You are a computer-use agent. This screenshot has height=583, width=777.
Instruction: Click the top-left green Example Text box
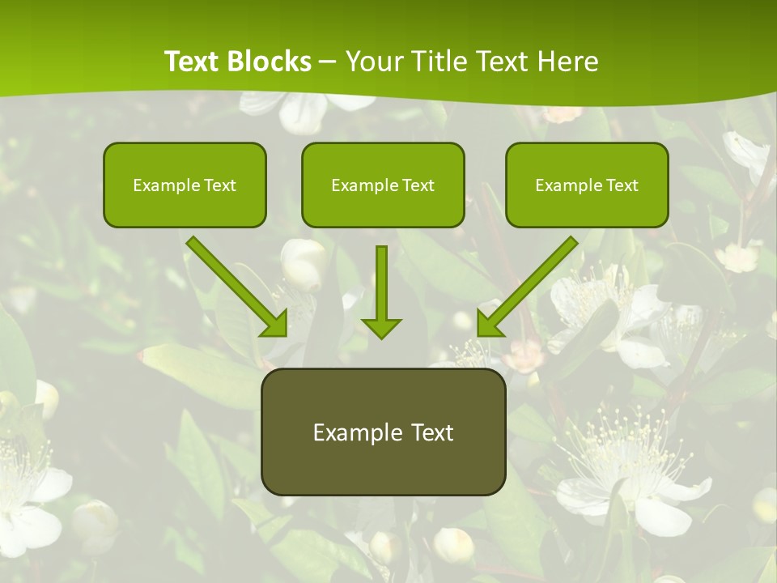(185, 185)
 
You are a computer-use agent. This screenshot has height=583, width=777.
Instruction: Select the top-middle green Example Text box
(383, 185)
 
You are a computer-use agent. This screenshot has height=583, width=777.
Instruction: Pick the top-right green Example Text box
(587, 185)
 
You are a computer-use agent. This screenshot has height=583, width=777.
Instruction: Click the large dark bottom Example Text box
(383, 432)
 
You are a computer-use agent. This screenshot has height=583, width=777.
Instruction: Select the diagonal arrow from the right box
(531, 283)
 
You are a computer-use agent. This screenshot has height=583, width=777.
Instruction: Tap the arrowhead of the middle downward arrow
(381, 327)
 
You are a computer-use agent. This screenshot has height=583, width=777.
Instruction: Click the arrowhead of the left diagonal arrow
(275, 324)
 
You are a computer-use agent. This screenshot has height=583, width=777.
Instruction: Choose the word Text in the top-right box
(622, 185)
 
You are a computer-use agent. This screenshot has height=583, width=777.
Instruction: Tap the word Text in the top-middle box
(418, 185)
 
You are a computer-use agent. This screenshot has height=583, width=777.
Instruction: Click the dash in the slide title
(328, 62)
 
